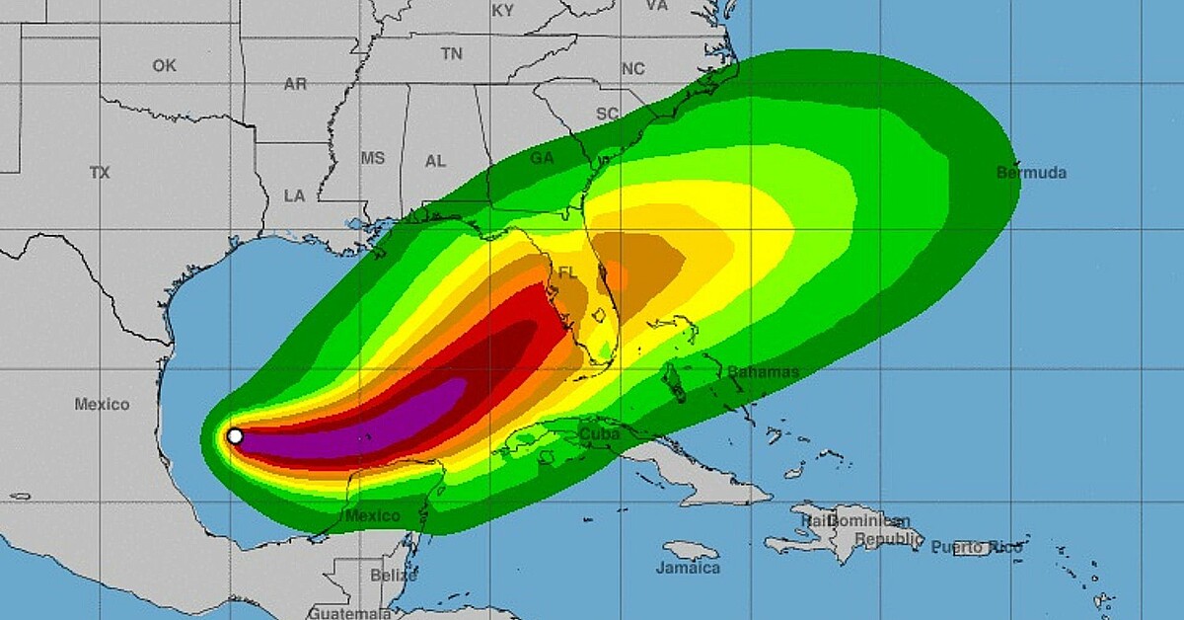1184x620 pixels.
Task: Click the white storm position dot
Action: [x=235, y=435]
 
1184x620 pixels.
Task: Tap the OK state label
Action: [x=164, y=65]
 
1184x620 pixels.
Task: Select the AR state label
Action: [x=295, y=84]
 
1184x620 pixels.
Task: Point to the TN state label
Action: [x=452, y=54]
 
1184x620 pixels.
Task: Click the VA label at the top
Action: [x=657, y=5]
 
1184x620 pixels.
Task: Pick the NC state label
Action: [x=632, y=69]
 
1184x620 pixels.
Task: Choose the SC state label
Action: [x=607, y=114]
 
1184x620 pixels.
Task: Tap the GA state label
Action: [x=542, y=158]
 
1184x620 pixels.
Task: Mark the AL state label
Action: [x=435, y=161]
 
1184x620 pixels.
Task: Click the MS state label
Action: [x=373, y=158]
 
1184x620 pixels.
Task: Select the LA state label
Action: [x=294, y=195]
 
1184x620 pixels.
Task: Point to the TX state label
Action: [x=100, y=173]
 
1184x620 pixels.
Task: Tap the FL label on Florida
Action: [x=567, y=271]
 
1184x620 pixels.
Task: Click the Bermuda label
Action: [x=1031, y=173]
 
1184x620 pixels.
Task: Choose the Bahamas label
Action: [x=763, y=372]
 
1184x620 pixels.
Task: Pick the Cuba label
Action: [x=599, y=433]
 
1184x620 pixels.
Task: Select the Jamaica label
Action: [x=688, y=568]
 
